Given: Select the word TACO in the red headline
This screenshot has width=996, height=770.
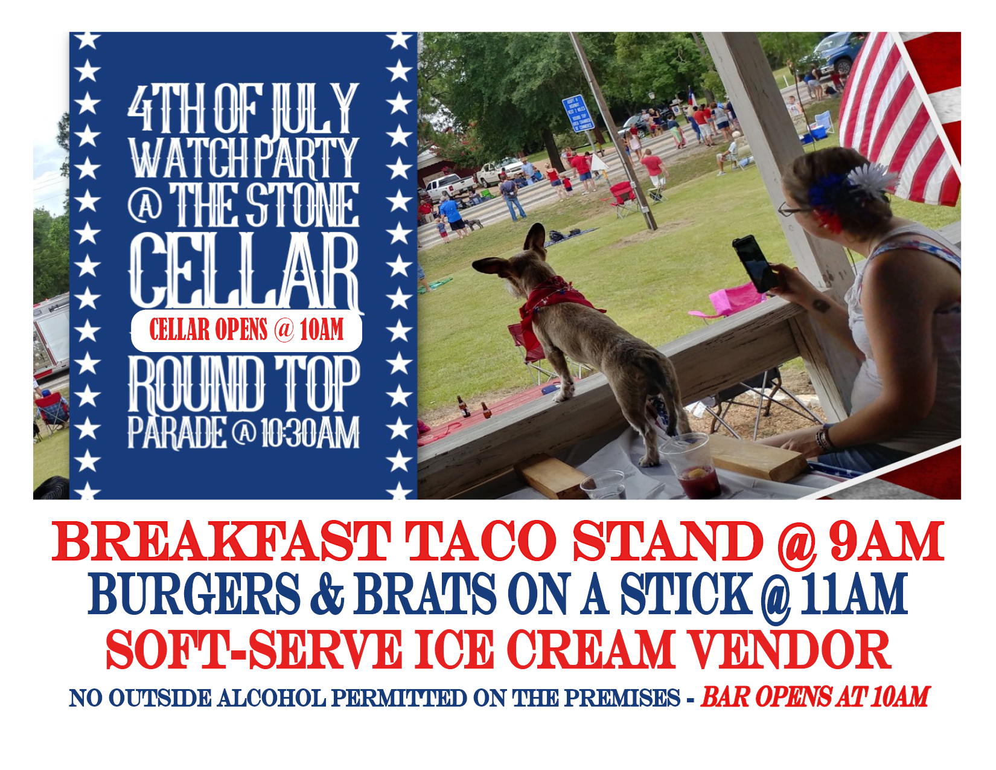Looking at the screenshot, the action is [x=480, y=542].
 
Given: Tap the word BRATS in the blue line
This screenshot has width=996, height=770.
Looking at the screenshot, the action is [x=424, y=594].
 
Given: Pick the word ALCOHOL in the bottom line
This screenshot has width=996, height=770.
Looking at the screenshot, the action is [x=272, y=699].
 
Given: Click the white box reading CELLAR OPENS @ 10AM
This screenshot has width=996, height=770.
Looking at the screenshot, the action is [x=247, y=331].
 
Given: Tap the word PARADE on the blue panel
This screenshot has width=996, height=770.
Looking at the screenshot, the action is [x=177, y=432].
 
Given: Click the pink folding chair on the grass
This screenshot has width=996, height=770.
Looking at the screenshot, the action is [x=728, y=301].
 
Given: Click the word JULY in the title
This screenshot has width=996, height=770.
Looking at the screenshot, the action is [x=314, y=109].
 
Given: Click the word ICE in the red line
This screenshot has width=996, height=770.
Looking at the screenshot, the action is [x=454, y=650].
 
